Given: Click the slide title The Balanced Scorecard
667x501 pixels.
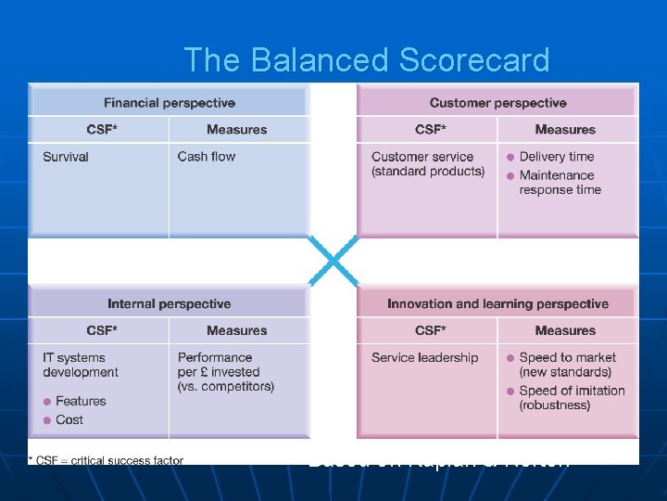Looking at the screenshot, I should (367, 60).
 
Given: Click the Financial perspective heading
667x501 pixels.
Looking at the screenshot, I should (170, 103).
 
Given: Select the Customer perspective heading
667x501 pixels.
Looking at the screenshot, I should (497, 103).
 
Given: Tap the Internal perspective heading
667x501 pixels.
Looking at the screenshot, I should (170, 303).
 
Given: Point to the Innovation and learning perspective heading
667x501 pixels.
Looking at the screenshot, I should (497, 303).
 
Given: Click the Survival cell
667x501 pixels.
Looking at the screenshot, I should (66, 157).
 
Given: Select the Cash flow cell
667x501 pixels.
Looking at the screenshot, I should (207, 157).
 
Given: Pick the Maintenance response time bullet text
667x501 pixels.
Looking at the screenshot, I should (560, 183).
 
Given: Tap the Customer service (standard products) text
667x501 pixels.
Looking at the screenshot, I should (428, 164).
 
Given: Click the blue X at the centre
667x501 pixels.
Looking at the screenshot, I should (333, 261).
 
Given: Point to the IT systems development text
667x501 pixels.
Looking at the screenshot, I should (81, 365).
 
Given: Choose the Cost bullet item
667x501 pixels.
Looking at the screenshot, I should (69, 419).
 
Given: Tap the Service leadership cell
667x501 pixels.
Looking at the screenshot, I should (425, 357).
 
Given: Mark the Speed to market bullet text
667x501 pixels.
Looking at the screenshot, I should (567, 365).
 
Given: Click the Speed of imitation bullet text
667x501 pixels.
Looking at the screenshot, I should (571, 398).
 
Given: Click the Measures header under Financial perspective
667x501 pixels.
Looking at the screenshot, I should (236, 130).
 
